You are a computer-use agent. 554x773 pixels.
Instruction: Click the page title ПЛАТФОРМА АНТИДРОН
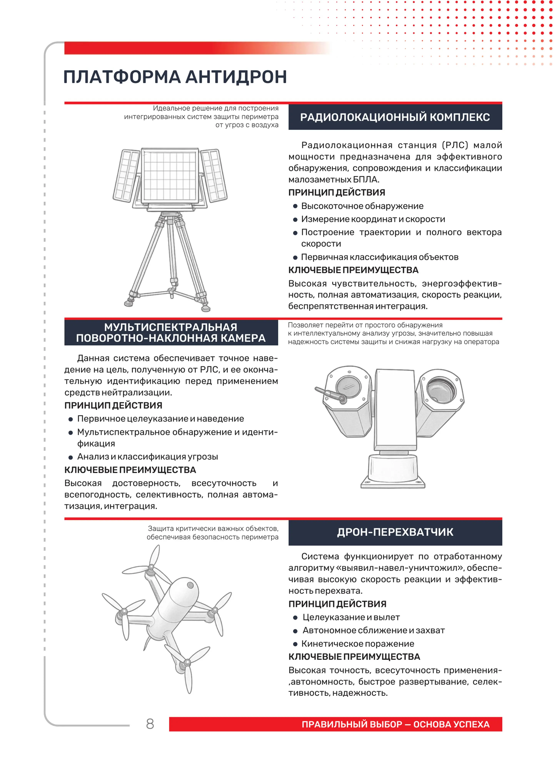pyautogui.click(x=175, y=77)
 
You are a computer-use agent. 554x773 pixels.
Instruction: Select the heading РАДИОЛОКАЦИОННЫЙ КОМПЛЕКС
pyautogui.click(x=395, y=117)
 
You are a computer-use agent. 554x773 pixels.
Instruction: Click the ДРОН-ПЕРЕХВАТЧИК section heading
pyautogui.click(x=395, y=532)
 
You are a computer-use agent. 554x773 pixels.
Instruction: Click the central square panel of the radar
pyautogui.click(x=170, y=176)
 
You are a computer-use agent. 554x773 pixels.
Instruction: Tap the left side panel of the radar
pyautogui.click(x=127, y=176)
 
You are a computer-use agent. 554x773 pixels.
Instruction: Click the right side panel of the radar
pyautogui.click(x=214, y=176)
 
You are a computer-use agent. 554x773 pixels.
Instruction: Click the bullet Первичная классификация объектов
pyautogui.click(x=380, y=257)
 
